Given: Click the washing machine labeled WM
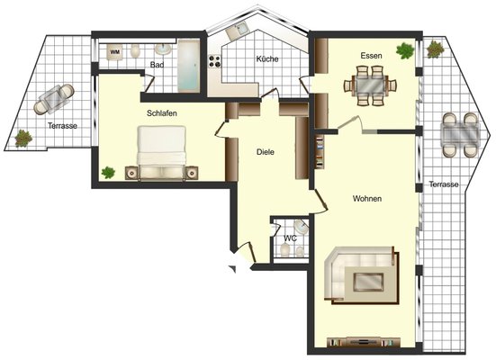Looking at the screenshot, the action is coord(114,52).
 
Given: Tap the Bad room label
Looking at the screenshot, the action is coord(157,65).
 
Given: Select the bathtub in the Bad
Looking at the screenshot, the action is coord(188,66).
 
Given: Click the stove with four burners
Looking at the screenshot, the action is coord(214,61).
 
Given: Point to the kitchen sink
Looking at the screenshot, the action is coord(238,31).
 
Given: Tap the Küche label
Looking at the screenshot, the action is coord(267,58).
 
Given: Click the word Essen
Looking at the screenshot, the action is coord(372,56).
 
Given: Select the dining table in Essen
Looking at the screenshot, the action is coord(370,85).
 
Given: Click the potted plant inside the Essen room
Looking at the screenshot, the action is coord(405,50).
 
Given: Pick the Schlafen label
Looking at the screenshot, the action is coord(162,112).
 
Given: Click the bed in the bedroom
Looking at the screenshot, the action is coord(162,153).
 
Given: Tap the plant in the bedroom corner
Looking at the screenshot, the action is coord(108,173).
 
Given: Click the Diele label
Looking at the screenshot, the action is coord(266,152).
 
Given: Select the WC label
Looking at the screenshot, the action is coord(291,238).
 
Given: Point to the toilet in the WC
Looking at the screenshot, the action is coord(285,249).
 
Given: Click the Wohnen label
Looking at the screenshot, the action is coord(367,199).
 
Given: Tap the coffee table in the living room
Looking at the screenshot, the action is coord(368,282).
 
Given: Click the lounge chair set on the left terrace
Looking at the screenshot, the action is coord(54,99).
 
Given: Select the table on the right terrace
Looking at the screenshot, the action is coord(460,134).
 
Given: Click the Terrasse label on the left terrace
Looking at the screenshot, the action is coord(63,126).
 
